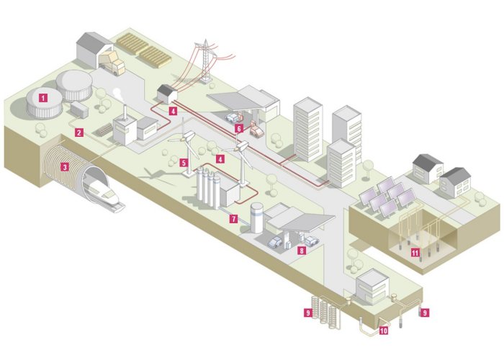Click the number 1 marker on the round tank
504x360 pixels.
44,96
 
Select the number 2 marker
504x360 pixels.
79,132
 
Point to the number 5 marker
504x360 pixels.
185,163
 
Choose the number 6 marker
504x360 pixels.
238,128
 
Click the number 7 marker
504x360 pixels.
233,217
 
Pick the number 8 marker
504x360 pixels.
302,251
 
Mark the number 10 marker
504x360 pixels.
382,330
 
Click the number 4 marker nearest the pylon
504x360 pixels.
173,112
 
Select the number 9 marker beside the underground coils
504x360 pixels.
308,312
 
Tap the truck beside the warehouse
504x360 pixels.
115,64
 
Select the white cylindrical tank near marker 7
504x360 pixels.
256,217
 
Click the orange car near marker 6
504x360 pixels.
256,130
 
